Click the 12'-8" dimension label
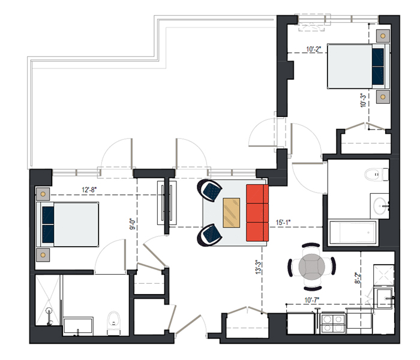click(x=89, y=190)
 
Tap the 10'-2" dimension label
click(x=313, y=49)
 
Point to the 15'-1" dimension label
click(x=283, y=223)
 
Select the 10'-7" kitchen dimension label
click(x=312, y=300)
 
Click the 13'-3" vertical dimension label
click(x=258, y=267)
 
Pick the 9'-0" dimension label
click(x=133, y=224)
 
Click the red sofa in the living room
click(x=257, y=212)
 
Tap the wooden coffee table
click(x=232, y=212)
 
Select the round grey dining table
click(x=312, y=267)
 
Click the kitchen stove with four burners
click(x=333, y=323)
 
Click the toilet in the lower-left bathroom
click(x=113, y=323)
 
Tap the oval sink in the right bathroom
click(x=380, y=206)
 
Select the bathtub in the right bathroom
click(x=353, y=232)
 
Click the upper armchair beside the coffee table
click(x=209, y=190)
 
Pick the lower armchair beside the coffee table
click(x=209, y=235)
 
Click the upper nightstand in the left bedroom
click(x=43, y=194)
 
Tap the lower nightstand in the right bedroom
click(x=383, y=97)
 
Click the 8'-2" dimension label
click(x=358, y=278)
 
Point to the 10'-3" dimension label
click(x=363, y=100)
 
